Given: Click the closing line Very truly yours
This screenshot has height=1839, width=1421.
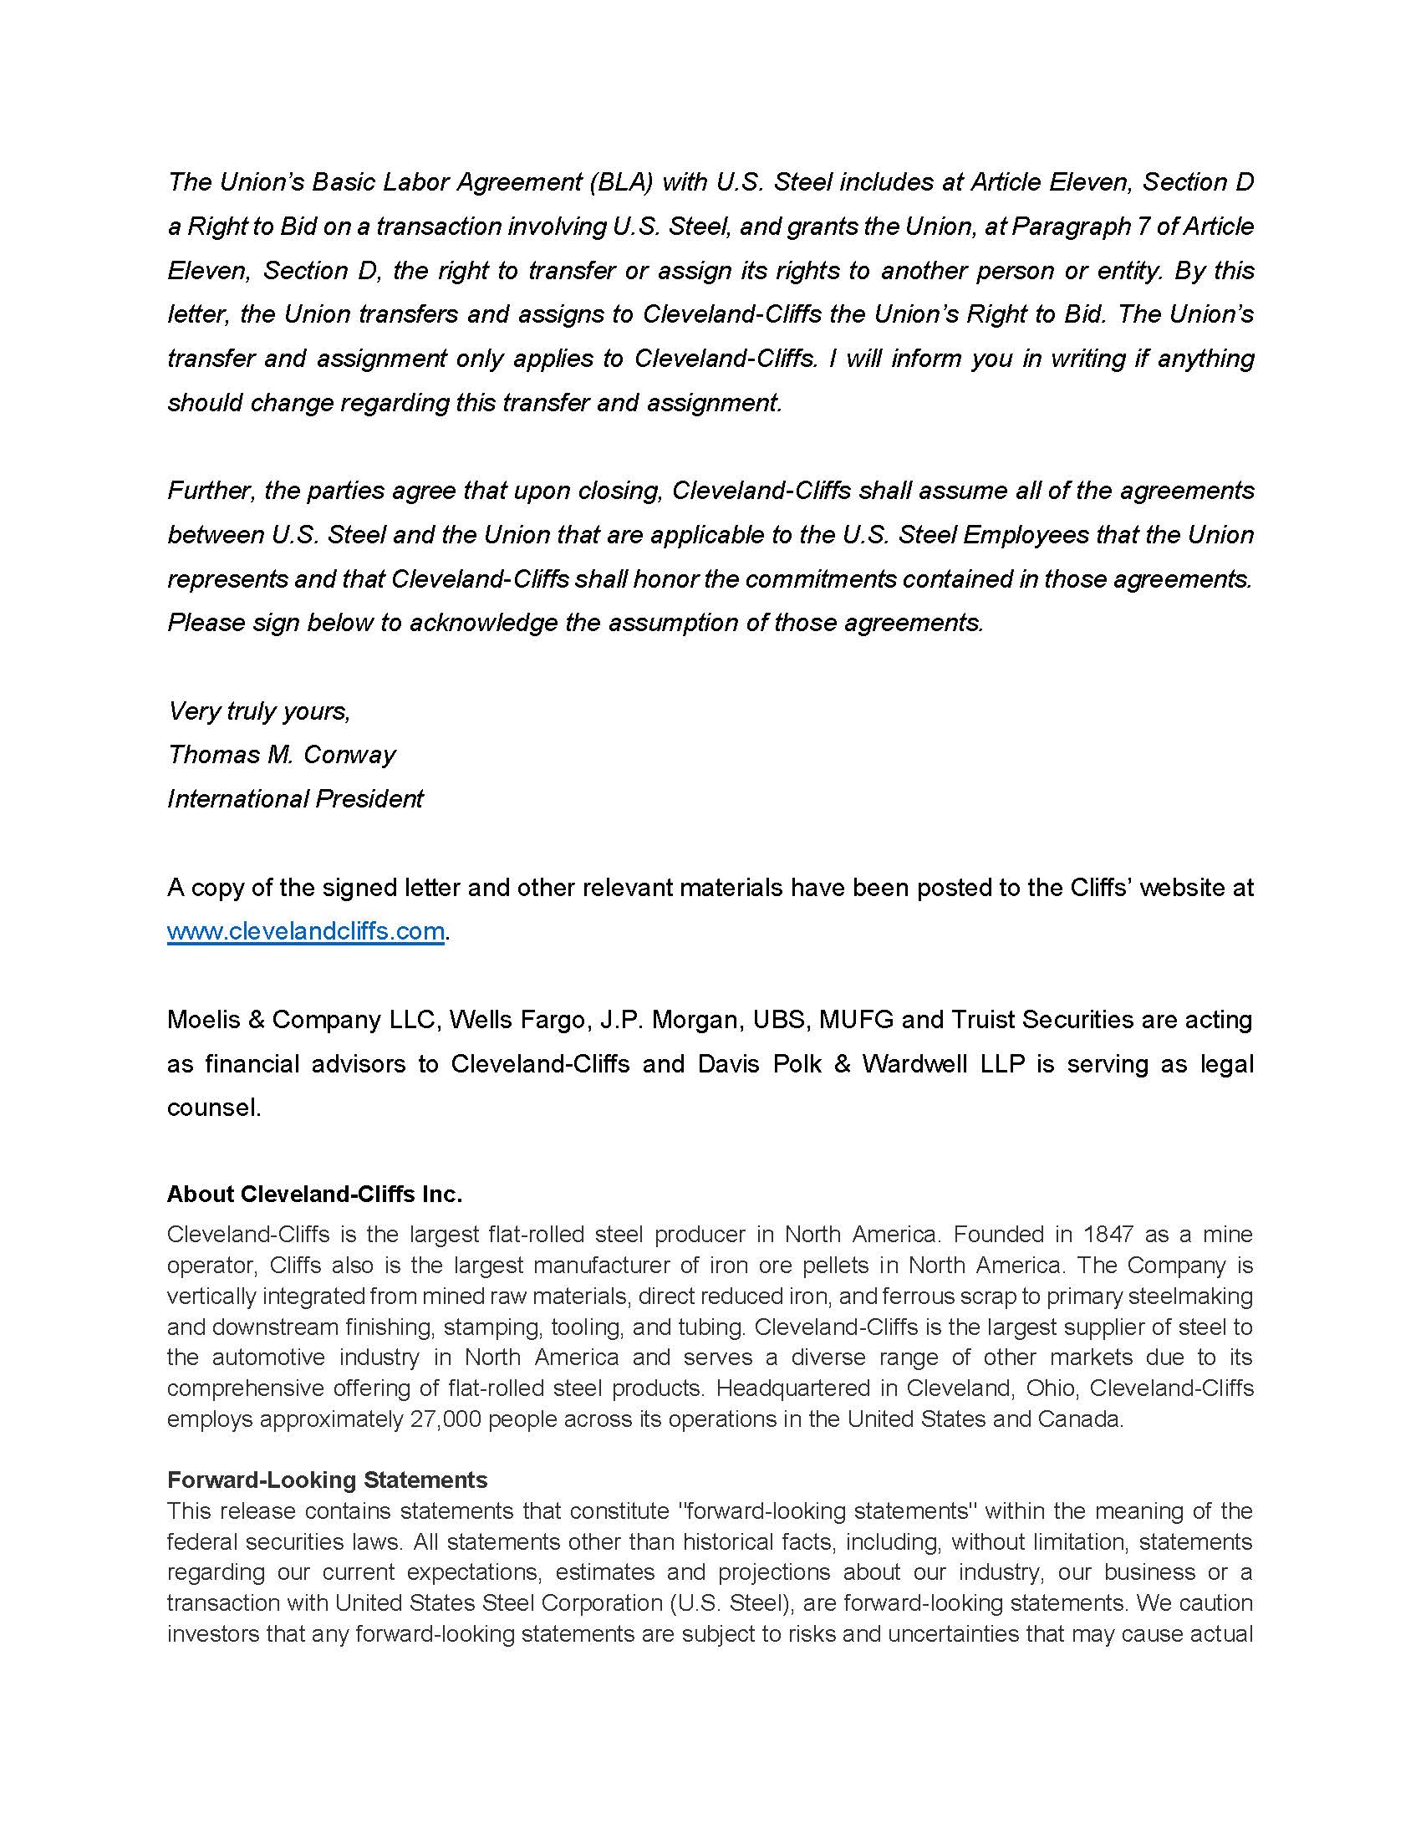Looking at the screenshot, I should (x=259, y=711).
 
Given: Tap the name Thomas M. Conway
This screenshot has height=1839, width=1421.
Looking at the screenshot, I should (x=281, y=755).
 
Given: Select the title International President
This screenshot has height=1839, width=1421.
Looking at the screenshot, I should (x=294, y=798).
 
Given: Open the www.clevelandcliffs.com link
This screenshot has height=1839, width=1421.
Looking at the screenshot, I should (x=306, y=931).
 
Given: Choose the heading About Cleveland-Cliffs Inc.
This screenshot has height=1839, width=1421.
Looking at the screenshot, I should (x=315, y=1194).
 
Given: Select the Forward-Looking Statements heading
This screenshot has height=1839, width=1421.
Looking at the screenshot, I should (x=328, y=1480).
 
